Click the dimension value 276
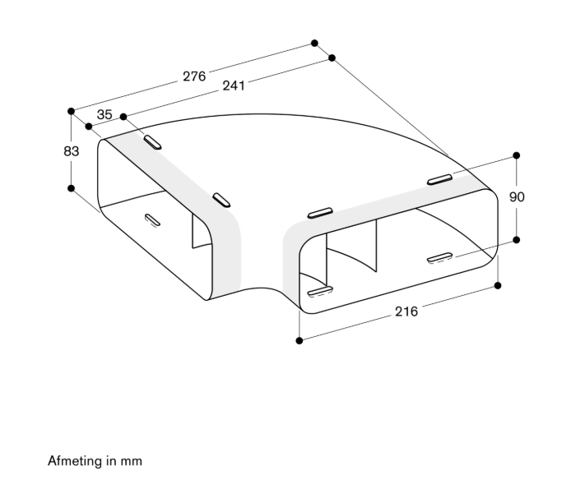[194, 76]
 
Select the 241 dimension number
[234, 85]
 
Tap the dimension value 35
[105, 114]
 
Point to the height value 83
[71, 151]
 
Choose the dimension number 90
[517, 197]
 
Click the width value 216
[406, 311]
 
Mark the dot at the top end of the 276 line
[314, 43]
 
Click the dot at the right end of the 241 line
[332, 58]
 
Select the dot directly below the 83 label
[72, 188]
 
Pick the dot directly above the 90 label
[516, 155]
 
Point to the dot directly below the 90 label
[516, 239]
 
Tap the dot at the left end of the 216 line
[300, 340]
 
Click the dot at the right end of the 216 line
[498, 285]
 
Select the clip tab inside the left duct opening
[152, 219]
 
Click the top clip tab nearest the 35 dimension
[152, 142]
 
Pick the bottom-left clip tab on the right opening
[320, 291]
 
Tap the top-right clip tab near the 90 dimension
[439, 179]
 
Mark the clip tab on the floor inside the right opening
[439, 257]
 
